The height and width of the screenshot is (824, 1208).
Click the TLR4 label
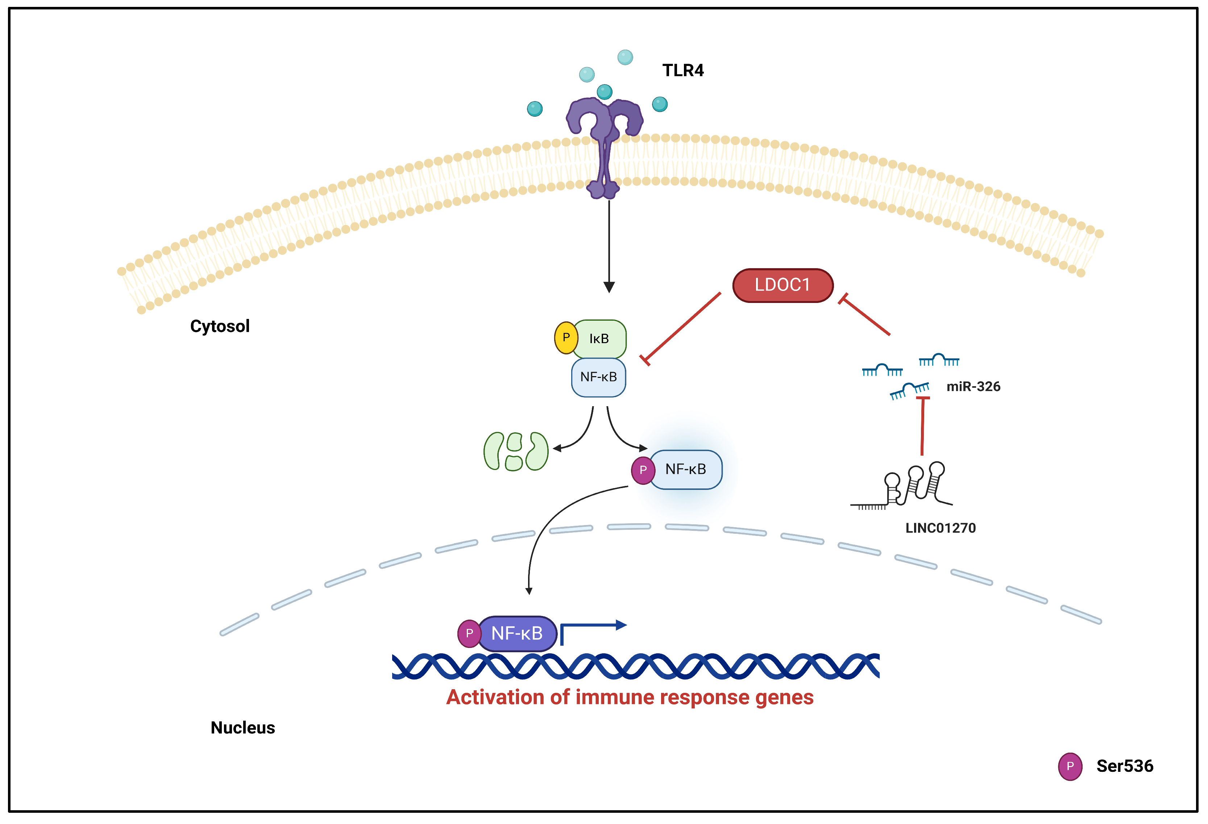[x=682, y=70]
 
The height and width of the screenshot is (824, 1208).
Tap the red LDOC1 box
[x=782, y=285]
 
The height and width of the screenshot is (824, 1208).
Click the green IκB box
[x=599, y=339]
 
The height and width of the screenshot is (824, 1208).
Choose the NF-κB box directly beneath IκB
[x=598, y=377]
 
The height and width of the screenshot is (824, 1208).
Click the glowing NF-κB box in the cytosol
[x=685, y=470]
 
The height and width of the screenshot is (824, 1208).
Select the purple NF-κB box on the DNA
[x=517, y=633]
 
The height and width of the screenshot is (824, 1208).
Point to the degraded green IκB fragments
[x=516, y=451]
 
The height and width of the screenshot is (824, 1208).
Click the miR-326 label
[x=973, y=387]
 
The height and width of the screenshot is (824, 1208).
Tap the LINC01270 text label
[x=940, y=528]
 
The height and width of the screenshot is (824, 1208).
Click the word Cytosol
[x=220, y=326]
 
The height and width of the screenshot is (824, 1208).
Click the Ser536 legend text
[x=1124, y=766]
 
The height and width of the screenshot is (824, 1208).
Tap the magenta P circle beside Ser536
[x=1070, y=766]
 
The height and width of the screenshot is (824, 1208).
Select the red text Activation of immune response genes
[x=630, y=697]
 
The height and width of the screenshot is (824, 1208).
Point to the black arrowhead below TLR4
[x=609, y=287]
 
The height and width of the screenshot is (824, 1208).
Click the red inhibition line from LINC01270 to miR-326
[x=923, y=426]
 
